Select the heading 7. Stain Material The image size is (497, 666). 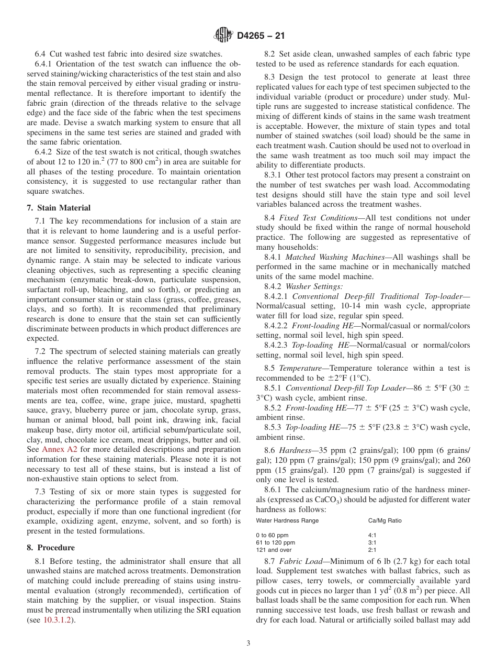point(59,208)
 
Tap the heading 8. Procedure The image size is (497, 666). point(51,548)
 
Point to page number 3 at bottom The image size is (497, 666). point(248,643)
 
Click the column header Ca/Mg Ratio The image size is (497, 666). point(385,521)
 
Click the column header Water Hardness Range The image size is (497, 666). point(287,521)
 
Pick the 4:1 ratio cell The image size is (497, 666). point(372,536)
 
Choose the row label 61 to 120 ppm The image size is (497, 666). point(275,543)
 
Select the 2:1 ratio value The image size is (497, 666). point(372,550)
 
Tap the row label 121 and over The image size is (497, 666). point(273,550)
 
